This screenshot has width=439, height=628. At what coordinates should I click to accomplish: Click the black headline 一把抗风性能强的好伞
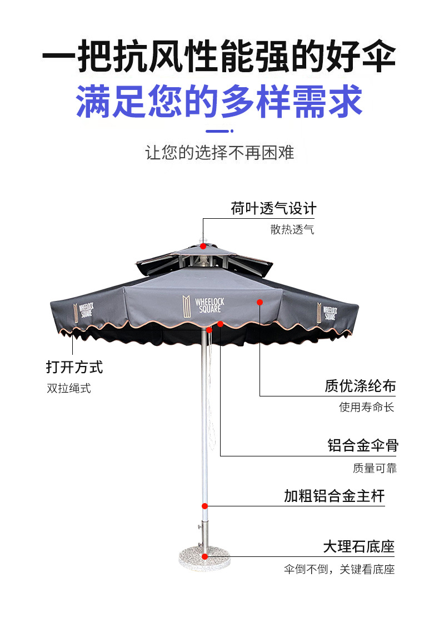coord(219,57)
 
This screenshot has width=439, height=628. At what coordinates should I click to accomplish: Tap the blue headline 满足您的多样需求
coord(219,101)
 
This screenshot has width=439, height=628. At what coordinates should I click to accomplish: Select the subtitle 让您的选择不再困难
coord(219,152)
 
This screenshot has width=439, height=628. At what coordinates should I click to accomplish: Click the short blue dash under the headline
coord(219,132)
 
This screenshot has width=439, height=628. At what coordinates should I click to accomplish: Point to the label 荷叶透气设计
coord(273,209)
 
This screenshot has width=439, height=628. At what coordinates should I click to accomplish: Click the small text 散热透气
coord(292,229)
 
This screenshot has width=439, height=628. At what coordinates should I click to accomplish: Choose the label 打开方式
coord(74,367)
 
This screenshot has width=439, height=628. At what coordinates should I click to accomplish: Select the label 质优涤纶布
coord(360,386)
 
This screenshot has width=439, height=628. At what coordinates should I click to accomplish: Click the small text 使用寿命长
coord(367,407)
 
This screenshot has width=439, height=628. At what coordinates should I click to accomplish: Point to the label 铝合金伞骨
coord(363,445)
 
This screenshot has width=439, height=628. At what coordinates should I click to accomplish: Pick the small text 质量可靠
coord(375,468)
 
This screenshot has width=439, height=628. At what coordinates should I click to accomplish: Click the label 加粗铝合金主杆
coord(334,496)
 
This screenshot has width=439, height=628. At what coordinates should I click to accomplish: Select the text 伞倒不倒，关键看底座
coord(339,569)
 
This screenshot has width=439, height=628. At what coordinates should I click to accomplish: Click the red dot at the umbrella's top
coord(203,246)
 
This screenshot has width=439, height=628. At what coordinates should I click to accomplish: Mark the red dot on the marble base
coord(204,556)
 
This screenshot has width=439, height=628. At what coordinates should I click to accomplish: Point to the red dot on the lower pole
coord(204,506)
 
